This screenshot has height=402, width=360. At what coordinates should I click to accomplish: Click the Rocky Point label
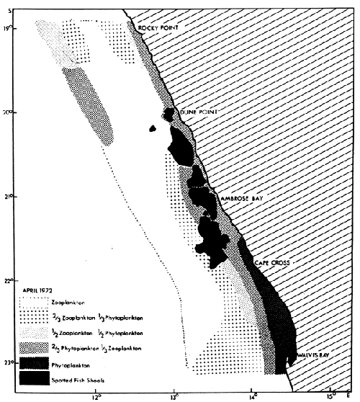point(158,29)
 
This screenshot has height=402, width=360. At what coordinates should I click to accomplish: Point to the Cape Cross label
point(271,264)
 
